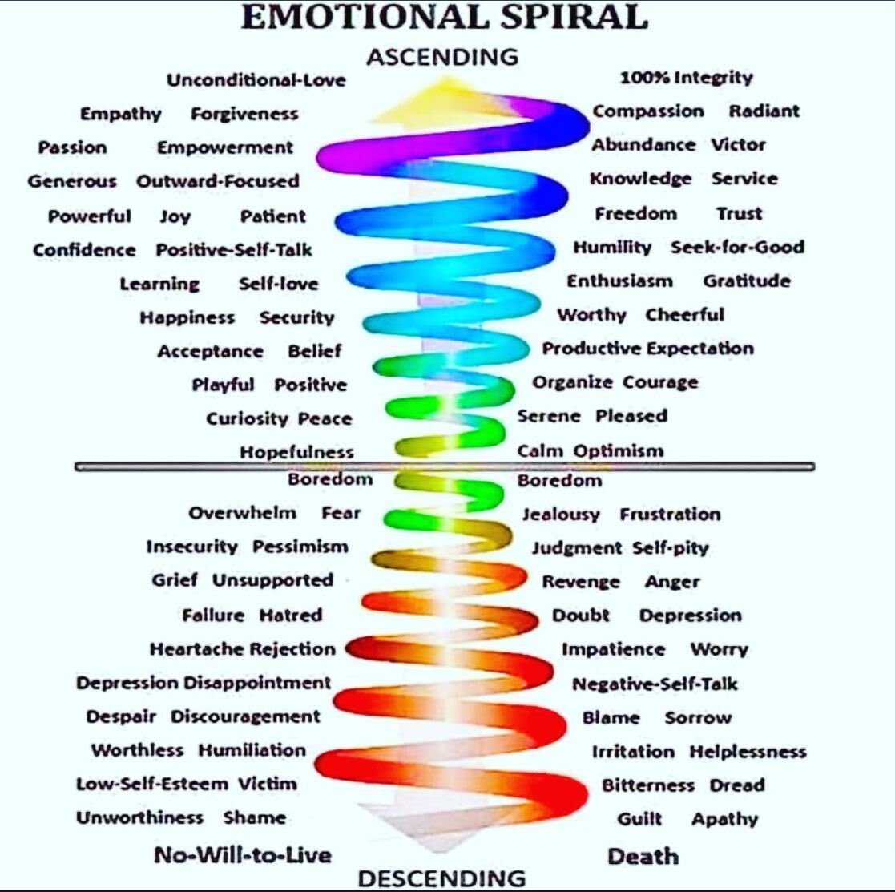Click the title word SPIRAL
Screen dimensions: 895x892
(574, 17)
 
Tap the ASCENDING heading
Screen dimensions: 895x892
(443, 57)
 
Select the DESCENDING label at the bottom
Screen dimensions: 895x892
(441, 878)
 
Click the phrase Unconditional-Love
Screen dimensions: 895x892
(256, 80)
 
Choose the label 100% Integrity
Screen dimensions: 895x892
(687, 78)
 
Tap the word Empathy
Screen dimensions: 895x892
(120, 115)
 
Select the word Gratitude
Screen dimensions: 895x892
(747, 281)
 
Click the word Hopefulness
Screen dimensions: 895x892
(296, 452)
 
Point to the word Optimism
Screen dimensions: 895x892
(619, 451)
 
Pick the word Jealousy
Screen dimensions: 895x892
(561, 515)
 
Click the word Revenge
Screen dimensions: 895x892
(580, 582)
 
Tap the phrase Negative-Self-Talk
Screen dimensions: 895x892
(655, 684)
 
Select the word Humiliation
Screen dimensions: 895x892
(252, 750)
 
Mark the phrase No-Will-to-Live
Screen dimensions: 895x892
(243, 855)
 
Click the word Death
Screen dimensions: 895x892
(643, 856)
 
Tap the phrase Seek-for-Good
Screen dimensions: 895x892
(737, 248)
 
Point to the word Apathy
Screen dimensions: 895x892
(725, 820)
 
